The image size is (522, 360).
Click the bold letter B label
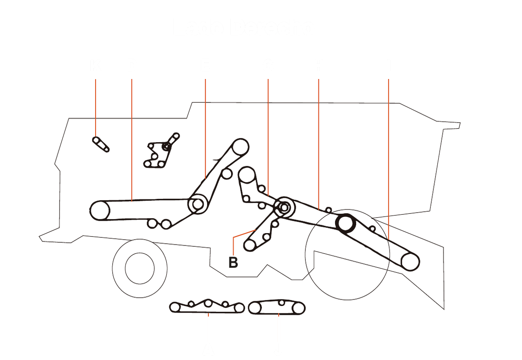[x=233, y=263]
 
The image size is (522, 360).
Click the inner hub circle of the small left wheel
[x=139, y=268]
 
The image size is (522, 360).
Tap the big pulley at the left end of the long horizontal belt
[x=100, y=210]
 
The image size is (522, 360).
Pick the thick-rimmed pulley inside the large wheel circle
[x=345, y=223]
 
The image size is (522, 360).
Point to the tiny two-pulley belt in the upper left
[x=100, y=144]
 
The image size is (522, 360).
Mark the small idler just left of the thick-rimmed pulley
[x=328, y=210]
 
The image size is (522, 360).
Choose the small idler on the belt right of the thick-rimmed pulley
[x=372, y=228]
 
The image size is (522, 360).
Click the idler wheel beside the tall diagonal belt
[x=226, y=174]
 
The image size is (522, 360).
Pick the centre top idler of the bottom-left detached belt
[x=208, y=302]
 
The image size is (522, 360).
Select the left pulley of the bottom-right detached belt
[x=254, y=308]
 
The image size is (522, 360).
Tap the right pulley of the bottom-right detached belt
[x=298, y=309]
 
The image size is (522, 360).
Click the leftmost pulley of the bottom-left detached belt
[x=175, y=307]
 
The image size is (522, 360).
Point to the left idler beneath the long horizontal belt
[x=152, y=223]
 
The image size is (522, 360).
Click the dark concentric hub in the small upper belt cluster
[x=166, y=147]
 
